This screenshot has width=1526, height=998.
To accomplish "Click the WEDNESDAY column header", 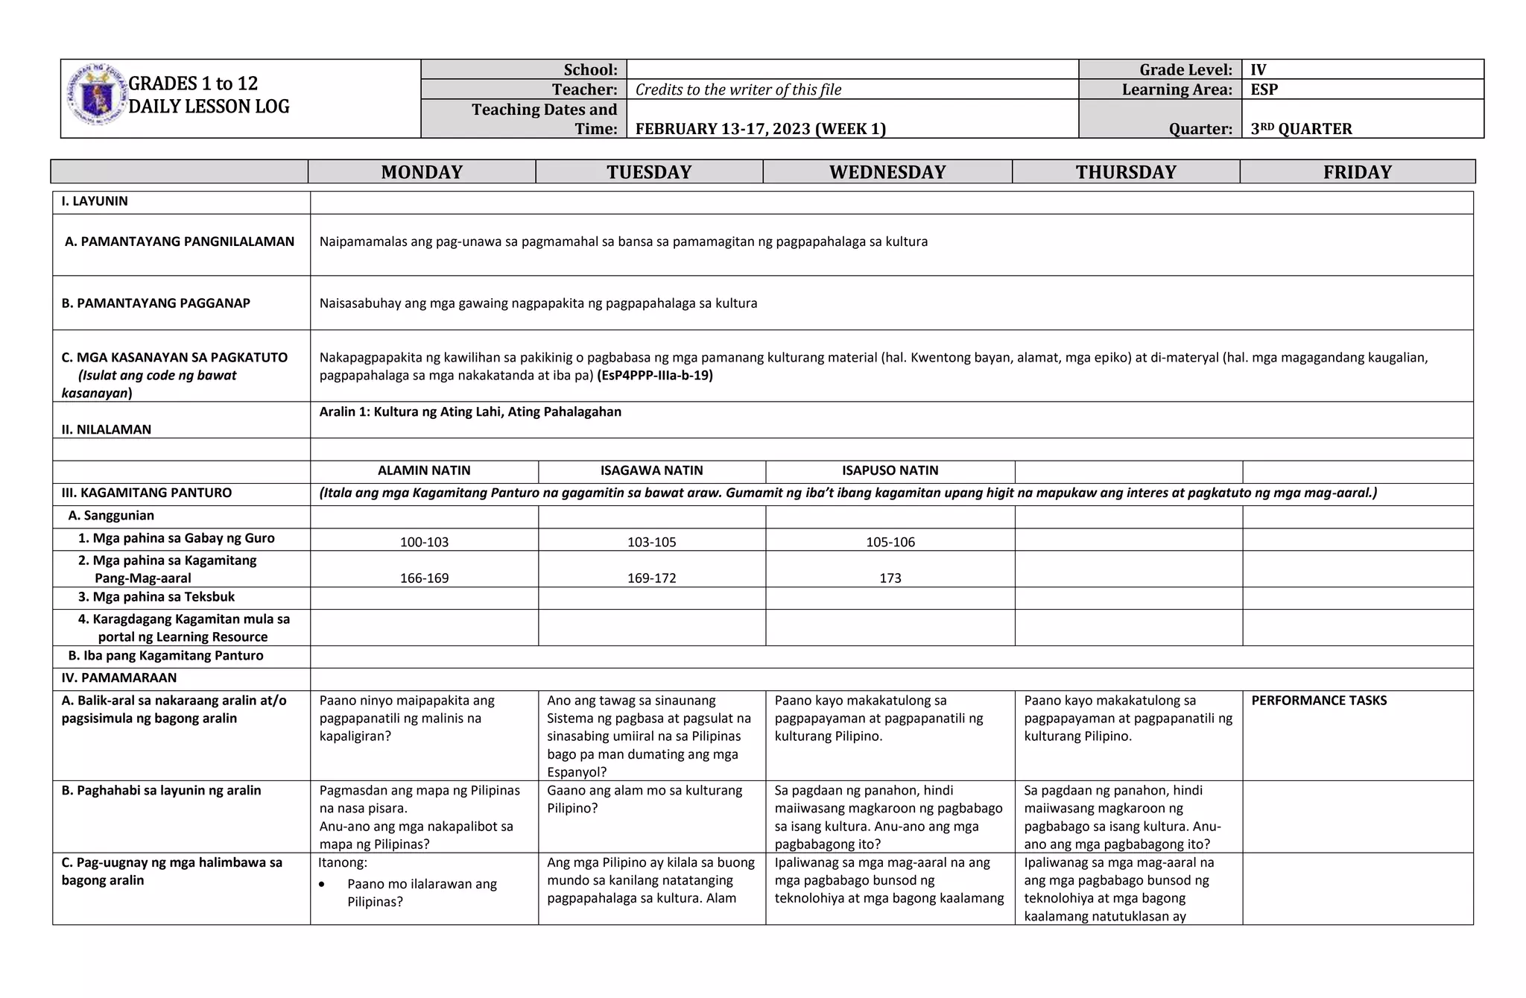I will pos(887,172).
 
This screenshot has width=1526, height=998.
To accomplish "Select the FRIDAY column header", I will pos(1357,172).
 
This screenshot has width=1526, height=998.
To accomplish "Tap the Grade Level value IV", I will pos(1258,70).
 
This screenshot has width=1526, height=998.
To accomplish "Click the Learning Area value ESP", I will pos(1264,89).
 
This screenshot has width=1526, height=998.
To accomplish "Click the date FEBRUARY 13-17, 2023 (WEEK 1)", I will pos(760,128).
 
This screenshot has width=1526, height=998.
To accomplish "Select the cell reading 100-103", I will pos(424,542).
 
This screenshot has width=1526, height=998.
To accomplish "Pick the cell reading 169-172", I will pos(651,578).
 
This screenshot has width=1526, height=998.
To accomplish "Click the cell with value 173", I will pos(890,578).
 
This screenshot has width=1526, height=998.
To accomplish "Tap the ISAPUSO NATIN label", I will pos(890,470).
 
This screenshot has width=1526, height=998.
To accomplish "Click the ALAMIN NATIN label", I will pos(424,470).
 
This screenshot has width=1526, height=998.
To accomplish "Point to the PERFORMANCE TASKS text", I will pos(1318,700).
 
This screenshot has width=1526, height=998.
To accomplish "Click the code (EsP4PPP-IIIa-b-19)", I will pos(654,375).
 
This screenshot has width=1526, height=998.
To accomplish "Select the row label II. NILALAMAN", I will pos(106,429).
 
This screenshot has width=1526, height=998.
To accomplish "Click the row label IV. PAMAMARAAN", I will pos(119,678).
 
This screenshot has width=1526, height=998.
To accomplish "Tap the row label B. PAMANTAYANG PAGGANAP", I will pos(156,303).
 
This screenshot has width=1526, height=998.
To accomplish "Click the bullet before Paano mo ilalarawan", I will pos(322,884).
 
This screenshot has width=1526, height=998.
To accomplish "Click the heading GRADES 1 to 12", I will pos(193,83).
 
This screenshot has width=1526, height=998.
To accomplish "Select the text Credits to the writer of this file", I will pos(738,89).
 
